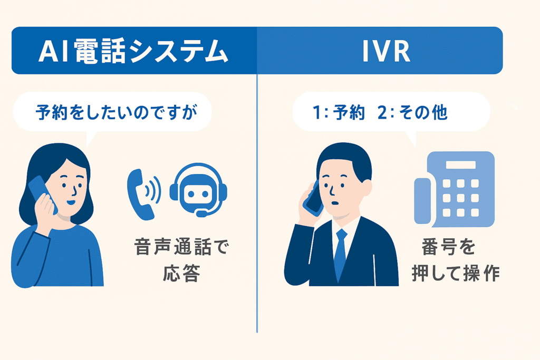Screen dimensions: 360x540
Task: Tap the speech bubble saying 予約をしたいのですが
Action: click(112, 112)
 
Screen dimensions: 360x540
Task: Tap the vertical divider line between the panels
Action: click(257, 211)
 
